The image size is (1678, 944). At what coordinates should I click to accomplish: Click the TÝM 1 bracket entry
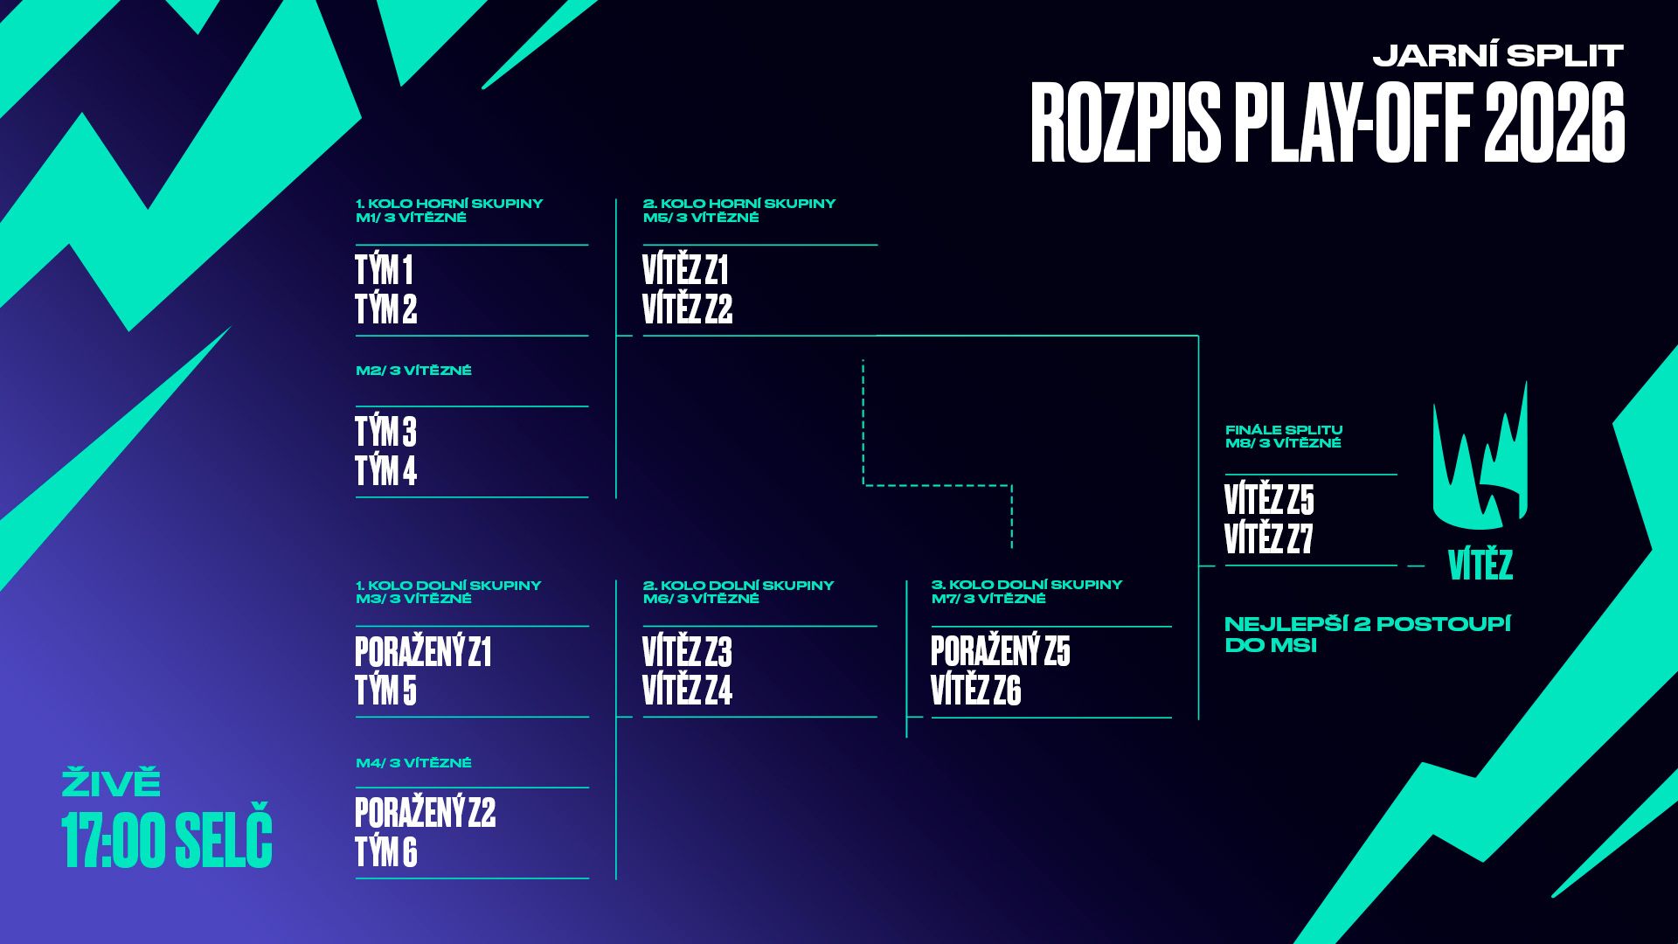(384, 270)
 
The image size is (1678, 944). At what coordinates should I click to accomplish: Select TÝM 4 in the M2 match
(385, 471)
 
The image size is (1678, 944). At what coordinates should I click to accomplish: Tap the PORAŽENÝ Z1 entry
(423, 652)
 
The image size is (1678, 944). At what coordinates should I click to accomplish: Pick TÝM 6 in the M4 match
(385, 852)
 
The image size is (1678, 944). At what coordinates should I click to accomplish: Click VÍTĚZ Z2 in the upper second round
(687, 309)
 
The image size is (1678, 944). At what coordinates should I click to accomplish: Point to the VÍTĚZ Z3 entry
(687, 652)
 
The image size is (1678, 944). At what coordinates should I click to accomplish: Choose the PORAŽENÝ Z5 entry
(1000, 651)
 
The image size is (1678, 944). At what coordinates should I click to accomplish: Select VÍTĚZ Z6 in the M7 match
(975, 691)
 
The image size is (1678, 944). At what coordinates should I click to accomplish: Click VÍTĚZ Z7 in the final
(1268, 539)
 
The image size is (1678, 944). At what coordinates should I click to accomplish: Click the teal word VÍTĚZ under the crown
(1480, 566)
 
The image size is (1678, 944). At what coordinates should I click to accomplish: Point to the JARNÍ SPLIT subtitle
(1498, 56)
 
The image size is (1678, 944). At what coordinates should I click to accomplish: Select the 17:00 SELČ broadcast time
(167, 839)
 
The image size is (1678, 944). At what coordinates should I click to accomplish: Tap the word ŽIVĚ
(111, 783)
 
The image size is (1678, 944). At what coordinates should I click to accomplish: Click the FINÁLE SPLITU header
(1283, 430)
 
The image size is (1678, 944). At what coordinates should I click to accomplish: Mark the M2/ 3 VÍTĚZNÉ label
(413, 371)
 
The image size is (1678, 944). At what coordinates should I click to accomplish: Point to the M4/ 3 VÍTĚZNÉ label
(413, 763)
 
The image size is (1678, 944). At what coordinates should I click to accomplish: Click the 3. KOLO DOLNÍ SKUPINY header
(1026, 585)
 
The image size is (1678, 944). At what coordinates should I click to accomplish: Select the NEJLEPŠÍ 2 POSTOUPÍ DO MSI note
(1367, 635)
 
